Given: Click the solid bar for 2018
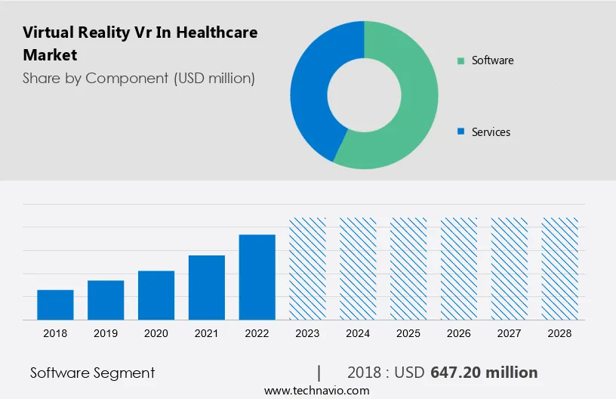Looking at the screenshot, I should coord(55,305).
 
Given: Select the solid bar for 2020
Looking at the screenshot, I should coord(156,295).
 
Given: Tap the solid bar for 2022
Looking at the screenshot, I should coord(257,277).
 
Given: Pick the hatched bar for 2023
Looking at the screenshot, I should coord(308,268).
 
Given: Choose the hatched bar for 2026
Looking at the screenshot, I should coord(459,268).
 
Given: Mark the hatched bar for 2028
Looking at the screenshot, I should coord(559,268).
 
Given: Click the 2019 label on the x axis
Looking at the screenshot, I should coord(106,333).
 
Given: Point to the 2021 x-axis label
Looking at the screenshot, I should coord(207,333).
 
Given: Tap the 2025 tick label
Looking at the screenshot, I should coord(408,333).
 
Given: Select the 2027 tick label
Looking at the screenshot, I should coord(510,333).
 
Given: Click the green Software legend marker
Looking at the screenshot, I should coord(460,60).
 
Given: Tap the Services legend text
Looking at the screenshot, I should coord(491,132).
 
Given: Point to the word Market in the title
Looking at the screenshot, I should coord(50,55).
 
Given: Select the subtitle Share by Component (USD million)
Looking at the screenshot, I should coord(139,78).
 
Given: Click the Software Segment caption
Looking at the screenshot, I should coord(92,373).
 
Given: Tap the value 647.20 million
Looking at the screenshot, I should coord(484,373).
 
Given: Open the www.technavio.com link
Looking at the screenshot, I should coord(317,391).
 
